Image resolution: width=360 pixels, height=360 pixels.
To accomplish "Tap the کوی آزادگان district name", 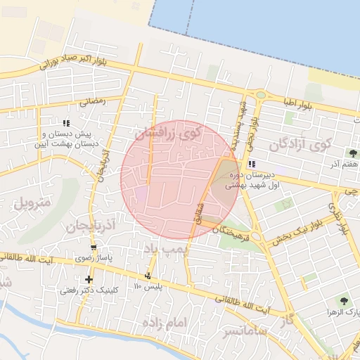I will click(x=300, y=145).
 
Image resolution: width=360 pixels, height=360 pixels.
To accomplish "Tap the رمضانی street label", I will click(x=92, y=101).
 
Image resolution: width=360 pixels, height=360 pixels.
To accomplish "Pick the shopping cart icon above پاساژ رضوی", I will click(x=94, y=248).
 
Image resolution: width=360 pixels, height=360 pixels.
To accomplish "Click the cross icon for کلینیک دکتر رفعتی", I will click(x=88, y=279).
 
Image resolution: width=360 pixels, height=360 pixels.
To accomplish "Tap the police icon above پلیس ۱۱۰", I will click(x=148, y=275).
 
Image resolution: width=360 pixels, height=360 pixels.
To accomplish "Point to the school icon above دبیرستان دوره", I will click(x=251, y=164).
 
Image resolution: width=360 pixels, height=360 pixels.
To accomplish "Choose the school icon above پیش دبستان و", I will click(x=66, y=122).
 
